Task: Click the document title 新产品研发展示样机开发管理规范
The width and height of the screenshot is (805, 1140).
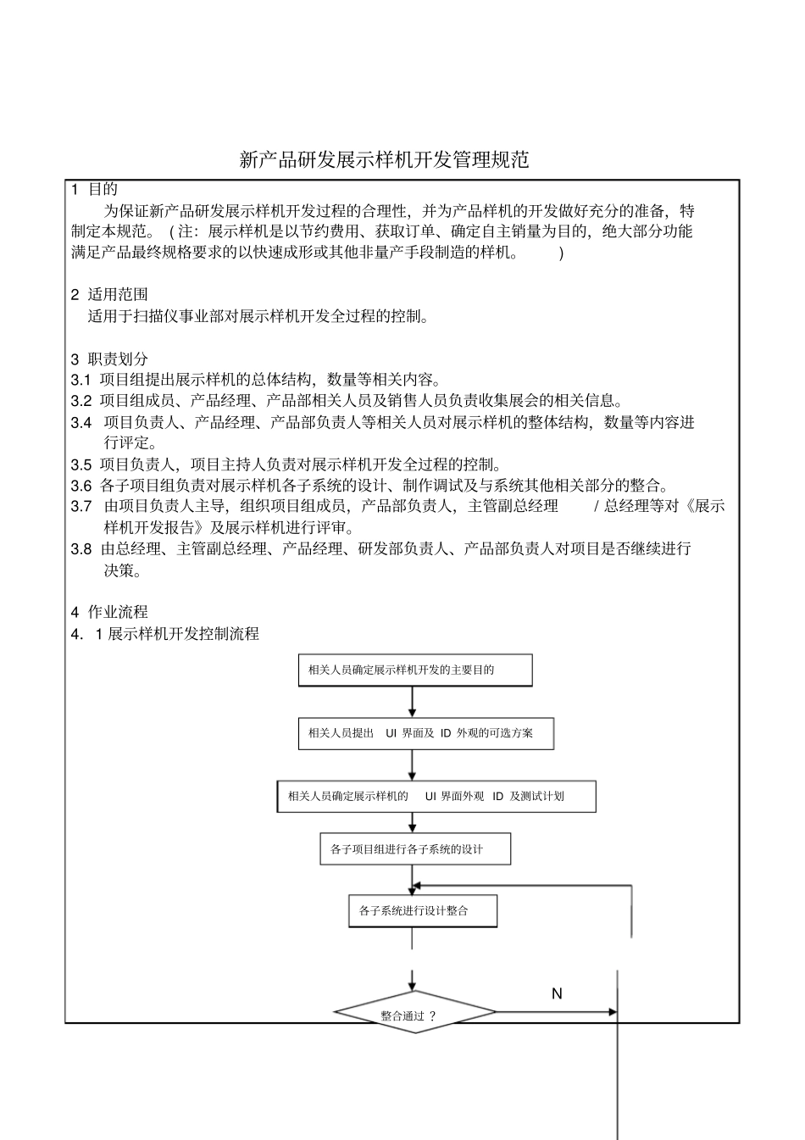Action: click(x=384, y=159)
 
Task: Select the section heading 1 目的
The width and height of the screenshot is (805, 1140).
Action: click(x=95, y=189)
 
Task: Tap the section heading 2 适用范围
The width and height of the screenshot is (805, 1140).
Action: click(x=109, y=295)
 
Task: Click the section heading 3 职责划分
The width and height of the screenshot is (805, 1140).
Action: click(x=109, y=359)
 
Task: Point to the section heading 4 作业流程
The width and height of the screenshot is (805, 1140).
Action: click(x=109, y=612)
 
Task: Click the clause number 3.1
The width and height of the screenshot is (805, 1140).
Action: click(x=81, y=380)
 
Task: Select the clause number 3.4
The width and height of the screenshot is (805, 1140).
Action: click(x=81, y=422)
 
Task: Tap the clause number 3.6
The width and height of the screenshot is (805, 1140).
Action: click(x=81, y=486)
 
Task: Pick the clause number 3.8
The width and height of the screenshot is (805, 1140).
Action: click(x=81, y=548)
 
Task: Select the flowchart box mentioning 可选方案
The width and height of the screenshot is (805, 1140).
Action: click(x=425, y=733)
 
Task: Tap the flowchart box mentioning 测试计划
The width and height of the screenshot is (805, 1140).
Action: click(x=436, y=797)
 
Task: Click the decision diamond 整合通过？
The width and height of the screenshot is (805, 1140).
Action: click(x=414, y=1014)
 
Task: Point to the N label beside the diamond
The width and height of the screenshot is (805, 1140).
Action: click(x=557, y=993)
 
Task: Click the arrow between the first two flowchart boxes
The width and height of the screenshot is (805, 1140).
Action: click(x=413, y=702)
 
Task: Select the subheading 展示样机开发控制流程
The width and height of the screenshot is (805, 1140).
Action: click(x=183, y=633)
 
